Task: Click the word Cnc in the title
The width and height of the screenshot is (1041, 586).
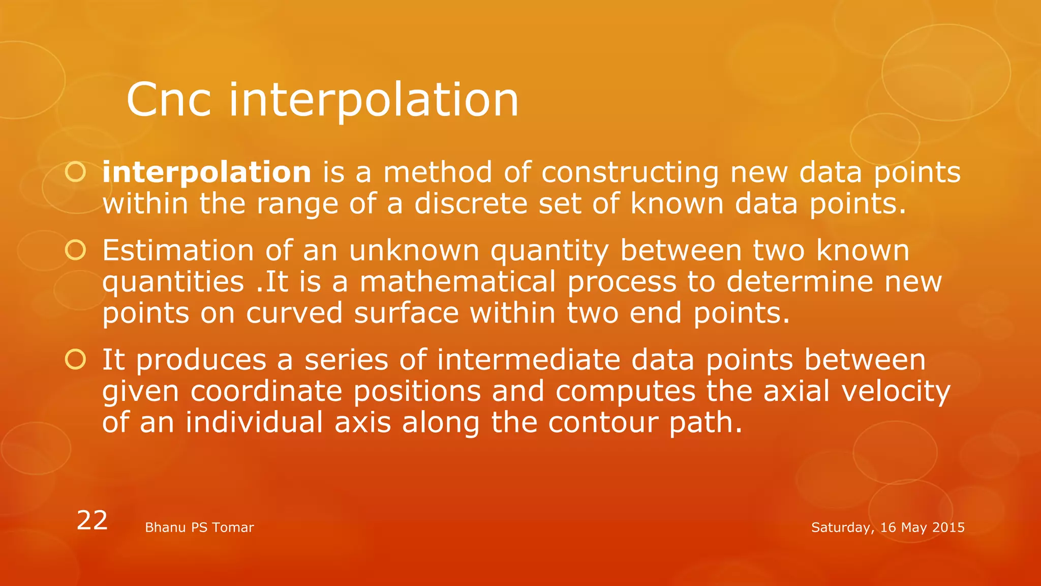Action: (x=168, y=100)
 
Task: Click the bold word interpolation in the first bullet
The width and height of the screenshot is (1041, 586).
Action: (x=206, y=172)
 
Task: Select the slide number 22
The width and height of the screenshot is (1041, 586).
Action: (x=92, y=520)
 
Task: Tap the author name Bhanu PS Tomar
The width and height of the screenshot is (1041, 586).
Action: (x=199, y=528)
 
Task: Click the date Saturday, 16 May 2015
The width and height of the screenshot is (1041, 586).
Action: (x=887, y=528)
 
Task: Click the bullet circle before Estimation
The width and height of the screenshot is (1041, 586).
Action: (x=76, y=250)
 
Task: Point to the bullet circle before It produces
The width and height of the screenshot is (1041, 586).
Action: (x=76, y=360)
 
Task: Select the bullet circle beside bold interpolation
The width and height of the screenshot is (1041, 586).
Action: (x=76, y=172)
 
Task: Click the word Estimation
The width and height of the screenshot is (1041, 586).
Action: (x=178, y=250)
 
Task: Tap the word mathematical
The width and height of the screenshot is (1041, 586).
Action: (x=457, y=282)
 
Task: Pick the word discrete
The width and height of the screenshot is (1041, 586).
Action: (x=471, y=203)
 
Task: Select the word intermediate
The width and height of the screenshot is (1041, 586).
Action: (x=529, y=360)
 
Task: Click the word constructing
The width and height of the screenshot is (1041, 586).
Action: (x=630, y=173)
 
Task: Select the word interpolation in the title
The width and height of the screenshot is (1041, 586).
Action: (x=374, y=100)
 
